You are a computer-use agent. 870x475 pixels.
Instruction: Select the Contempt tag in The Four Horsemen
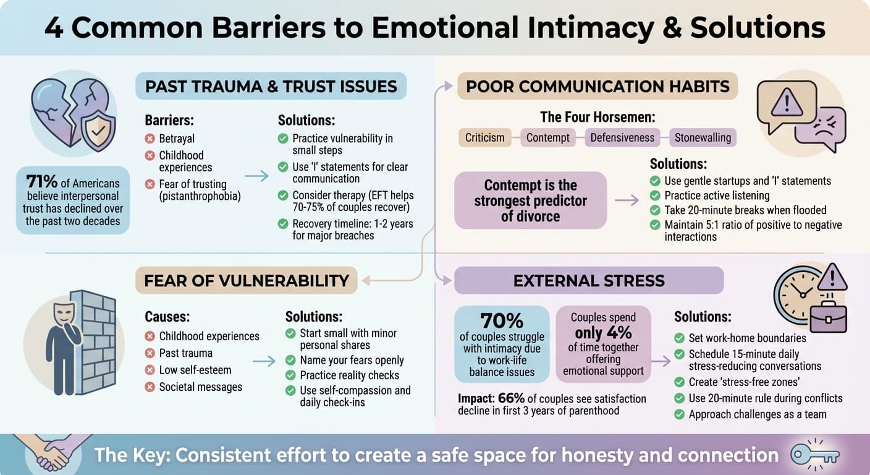click(547, 137)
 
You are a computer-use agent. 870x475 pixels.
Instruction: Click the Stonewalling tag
click(703, 137)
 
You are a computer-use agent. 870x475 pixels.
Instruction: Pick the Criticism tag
click(484, 137)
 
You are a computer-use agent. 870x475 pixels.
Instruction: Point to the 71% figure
click(41, 182)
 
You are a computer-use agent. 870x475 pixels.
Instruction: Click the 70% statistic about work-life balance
click(501, 320)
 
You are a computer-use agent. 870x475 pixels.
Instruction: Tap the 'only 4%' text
click(602, 332)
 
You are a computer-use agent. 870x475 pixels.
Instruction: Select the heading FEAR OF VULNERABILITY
click(246, 280)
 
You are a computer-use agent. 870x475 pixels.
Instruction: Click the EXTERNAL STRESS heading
click(588, 280)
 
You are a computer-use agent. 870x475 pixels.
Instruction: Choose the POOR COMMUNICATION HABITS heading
click(598, 86)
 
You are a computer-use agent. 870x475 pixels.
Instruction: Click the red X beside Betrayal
click(150, 139)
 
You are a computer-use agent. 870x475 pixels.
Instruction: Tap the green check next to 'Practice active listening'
click(655, 195)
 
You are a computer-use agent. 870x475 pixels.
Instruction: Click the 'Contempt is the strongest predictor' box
click(530, 200)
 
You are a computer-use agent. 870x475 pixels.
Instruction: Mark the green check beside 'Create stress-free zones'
click(679, 382)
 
